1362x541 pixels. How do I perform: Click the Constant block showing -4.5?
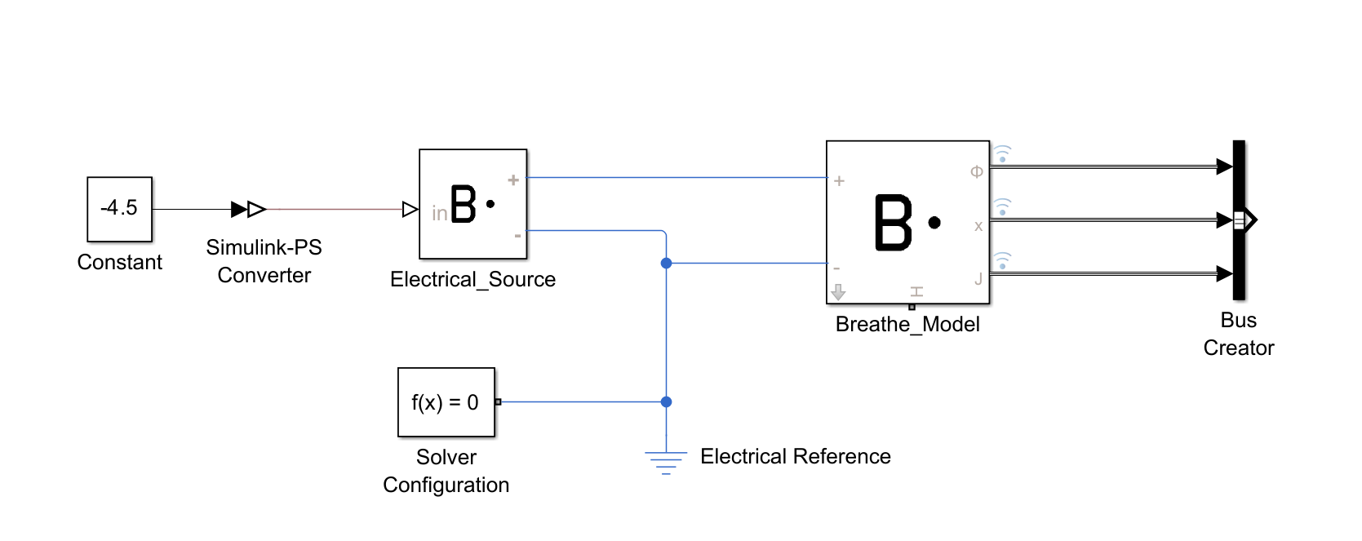[x=119, y=209]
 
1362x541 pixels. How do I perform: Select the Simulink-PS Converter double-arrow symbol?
[x=248, y=210]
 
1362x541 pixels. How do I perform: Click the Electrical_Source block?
[x=472, y=204]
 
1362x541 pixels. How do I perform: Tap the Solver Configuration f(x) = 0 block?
[x=446, y=402]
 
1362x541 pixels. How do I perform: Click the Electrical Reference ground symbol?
[x=666, y=463]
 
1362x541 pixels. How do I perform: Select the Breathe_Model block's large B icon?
[x=894, y=222]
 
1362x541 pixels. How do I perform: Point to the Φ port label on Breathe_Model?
[x=976, y=172]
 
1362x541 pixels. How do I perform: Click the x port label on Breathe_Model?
[x=978, y=226]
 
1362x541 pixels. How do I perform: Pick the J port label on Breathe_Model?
[x=978, y=279]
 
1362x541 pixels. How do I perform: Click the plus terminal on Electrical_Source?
[x=513, y=180]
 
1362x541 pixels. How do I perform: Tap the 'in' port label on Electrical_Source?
[x=439, y=214]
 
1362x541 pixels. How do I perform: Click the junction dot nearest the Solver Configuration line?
[x=666, y=401]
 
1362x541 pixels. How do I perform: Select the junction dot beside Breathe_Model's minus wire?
[x=666, y=263]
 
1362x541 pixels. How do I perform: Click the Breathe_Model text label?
[x=907, y=325]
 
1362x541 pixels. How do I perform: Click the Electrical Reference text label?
[x=795, y=456]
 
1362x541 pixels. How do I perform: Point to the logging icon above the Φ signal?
[x=1002, y=153]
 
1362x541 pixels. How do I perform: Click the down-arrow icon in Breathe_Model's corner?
[x=838, y=291]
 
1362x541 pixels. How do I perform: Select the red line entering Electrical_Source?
[x=335, y=210]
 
